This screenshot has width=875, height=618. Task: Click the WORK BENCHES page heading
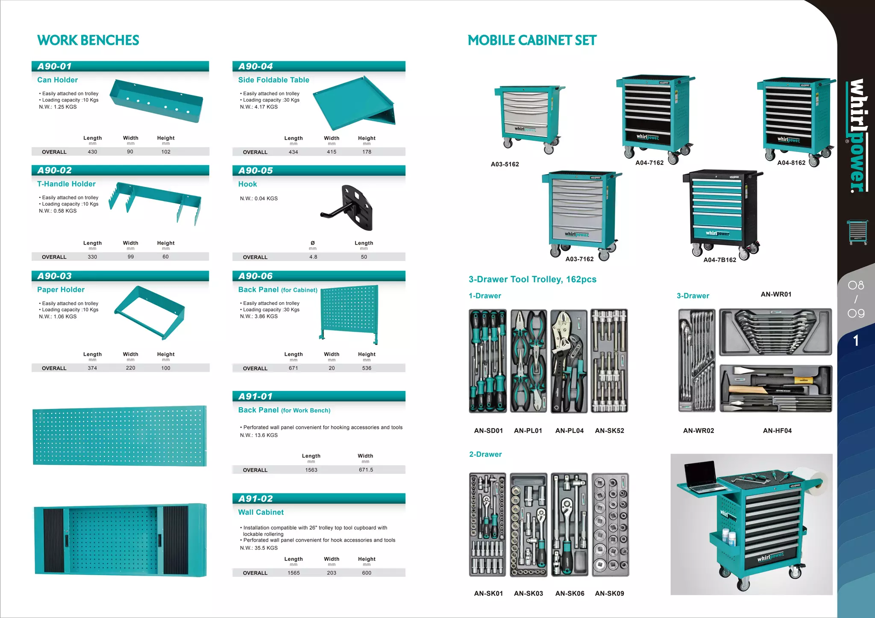[x=88, y=40]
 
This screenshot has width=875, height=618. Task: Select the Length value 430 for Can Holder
[x=92, y=152]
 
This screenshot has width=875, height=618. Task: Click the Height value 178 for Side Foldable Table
[x=367, y=152]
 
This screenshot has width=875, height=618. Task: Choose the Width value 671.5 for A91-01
[x=366, y=470]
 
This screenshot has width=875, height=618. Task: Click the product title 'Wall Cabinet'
[x=261, y=512]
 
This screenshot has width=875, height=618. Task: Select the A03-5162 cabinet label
[x=505, y=164]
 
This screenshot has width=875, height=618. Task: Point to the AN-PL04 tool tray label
[x=569, y=431]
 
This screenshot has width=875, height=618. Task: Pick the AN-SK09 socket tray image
[x=611, y=525]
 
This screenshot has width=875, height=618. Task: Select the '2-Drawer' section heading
[x=485, y=455]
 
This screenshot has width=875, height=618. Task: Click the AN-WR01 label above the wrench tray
[x=776, y=294]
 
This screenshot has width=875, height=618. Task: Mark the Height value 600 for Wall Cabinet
[x=367, y=573]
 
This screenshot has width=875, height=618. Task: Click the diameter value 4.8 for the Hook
[x=313, y=257]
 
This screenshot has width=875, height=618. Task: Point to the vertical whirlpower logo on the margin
[x=857, y=136]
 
